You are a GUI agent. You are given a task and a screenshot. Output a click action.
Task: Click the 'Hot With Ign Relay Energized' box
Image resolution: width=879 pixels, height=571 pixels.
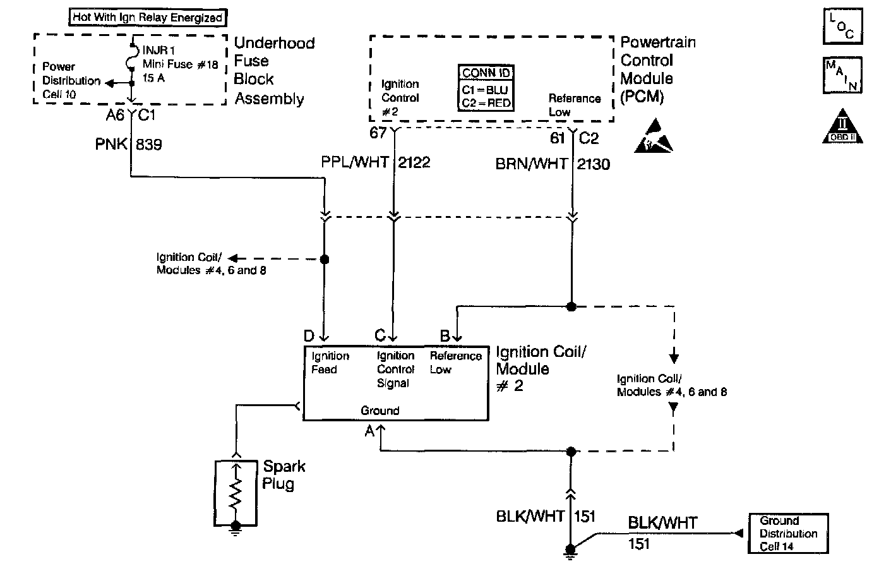(148, 17)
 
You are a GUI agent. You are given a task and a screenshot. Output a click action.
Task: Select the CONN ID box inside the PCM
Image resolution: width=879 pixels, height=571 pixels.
(486, 88)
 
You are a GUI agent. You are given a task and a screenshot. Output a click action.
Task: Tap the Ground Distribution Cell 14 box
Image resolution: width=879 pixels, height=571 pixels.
(788, 534)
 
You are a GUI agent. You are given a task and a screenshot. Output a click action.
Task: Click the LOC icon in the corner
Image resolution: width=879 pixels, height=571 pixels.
(842, 26)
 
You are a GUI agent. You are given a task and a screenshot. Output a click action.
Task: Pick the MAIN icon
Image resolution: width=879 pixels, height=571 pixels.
(842, 76)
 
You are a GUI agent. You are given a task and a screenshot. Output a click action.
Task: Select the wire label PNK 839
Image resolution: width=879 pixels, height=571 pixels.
(129, 145)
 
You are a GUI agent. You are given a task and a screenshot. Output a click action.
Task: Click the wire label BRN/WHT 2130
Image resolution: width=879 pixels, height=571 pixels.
(553, 164)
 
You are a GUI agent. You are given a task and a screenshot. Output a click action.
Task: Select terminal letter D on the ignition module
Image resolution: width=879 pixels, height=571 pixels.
(309, 335)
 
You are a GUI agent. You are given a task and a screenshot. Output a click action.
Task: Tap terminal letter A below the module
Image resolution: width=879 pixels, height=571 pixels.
(369, 431)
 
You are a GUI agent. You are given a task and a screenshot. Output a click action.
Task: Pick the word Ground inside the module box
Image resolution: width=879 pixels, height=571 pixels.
(380, 411)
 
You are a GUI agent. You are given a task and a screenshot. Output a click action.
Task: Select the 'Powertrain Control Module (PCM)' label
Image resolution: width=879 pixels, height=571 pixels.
(657, 69)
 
